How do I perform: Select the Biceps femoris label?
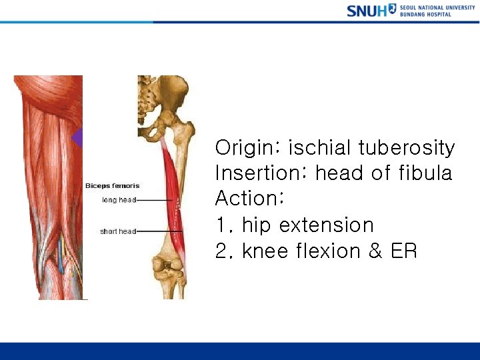coord(112,186)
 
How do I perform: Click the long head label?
coord(119,199)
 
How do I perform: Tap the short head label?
coord(118,231)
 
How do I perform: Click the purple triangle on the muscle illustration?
coord(77,138)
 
